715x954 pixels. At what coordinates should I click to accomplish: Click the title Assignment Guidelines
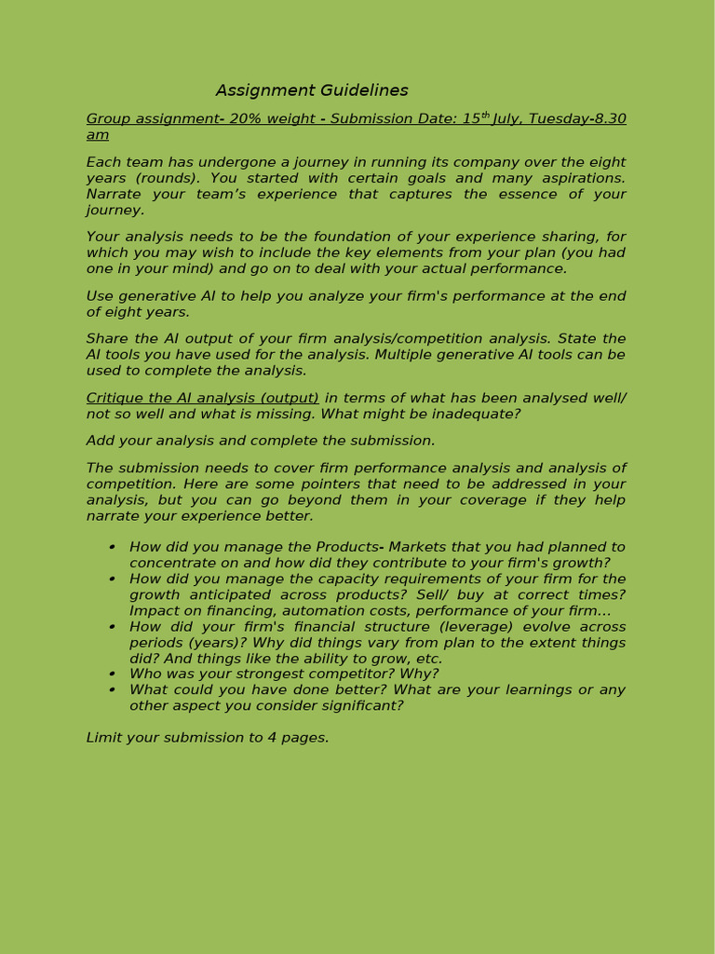tap(312, 90)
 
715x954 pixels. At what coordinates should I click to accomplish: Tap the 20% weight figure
tap(250, 118)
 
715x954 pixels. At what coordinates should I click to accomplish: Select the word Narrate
tap(117, 194)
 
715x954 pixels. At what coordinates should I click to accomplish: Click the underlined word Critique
tap(116, 398)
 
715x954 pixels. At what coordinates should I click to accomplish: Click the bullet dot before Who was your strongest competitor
tap(112, 674)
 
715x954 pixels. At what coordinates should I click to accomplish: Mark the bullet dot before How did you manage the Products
tap(112, 547)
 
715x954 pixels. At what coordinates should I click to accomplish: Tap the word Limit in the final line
tap(104, 738)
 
